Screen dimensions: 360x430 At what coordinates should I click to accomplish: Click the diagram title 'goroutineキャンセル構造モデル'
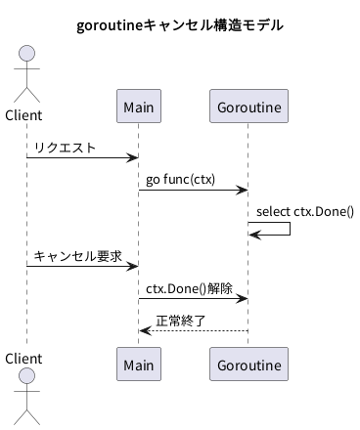(x=180, y=25)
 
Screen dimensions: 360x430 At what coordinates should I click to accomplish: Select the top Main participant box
(x=139, y=106)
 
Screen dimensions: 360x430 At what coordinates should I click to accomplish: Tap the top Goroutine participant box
(x=248, y=106)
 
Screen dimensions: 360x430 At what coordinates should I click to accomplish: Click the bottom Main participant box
(x=139, y=364)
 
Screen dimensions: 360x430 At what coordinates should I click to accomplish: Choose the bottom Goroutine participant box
(x=248, y=364)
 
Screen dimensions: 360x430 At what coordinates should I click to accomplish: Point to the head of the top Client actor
(x=26, y=54)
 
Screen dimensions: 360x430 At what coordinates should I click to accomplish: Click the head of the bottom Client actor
(x=26, y=376)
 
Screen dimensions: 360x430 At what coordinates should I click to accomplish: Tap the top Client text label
(x=23, y=115)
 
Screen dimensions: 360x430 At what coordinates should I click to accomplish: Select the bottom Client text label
(x=23, y=359)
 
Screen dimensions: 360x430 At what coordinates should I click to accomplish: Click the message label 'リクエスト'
(x=65, y=148)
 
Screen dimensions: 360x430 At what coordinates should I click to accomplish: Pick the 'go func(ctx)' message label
(x=180, y=180)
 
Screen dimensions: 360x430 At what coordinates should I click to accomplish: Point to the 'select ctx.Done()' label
(x=305, y=212)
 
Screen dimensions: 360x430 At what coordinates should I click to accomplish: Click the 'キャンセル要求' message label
(x=77, y=256)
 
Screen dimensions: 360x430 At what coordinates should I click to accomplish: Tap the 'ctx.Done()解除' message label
(x=189, y=288)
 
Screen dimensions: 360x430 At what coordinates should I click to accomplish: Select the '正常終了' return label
(x=180, y=321)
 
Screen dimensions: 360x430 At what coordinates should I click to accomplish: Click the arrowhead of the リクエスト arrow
(x=134, y=158)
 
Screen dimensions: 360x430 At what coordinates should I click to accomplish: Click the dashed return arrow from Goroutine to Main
(x=194, y=331)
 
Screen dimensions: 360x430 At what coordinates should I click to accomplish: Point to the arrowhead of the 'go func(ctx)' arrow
(x=244, y=190)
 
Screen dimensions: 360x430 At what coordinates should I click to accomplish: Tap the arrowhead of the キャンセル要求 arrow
(x=134, y=266)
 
